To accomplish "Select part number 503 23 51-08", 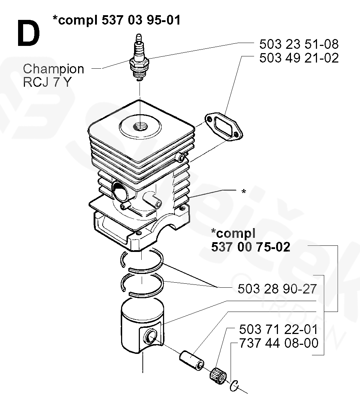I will coord(299,44).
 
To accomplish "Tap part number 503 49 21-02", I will coord(299,58).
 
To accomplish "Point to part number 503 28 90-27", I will coord(278,289).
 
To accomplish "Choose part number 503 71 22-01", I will coord(278,329).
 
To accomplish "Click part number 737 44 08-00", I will coord(278,343).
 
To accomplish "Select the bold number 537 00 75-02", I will coord(250,247).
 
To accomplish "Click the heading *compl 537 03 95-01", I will coord(116,20).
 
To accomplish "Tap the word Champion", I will coord(53,69).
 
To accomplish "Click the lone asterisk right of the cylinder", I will coord(244,191).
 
